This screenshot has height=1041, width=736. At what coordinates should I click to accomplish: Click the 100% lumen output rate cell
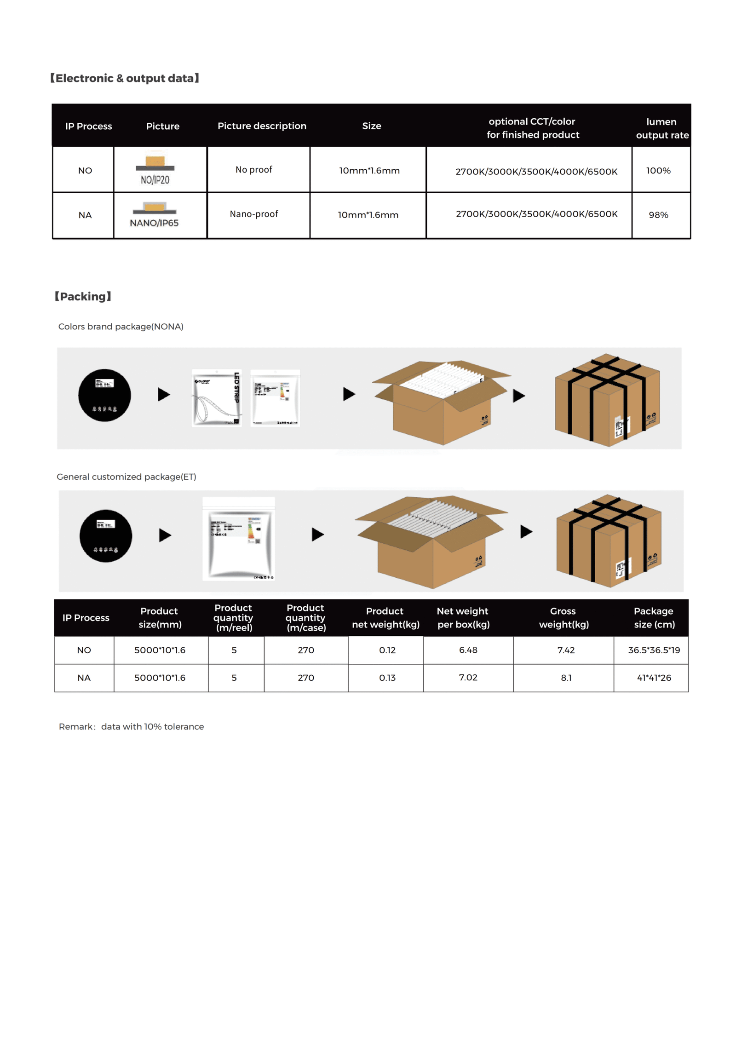click(658, 171)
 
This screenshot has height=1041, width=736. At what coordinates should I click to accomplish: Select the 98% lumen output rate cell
click(658, 215)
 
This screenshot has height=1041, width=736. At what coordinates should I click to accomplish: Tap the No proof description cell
click(253, 170)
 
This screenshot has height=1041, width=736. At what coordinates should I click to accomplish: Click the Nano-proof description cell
click(253, 214)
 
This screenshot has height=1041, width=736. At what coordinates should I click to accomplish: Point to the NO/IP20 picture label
click(155, 180)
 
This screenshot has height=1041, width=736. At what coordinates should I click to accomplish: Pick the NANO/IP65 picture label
click(154, 223)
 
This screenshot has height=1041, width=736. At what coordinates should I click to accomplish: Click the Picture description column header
click(262, 126)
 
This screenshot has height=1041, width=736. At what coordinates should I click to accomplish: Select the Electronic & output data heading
click(125, 78)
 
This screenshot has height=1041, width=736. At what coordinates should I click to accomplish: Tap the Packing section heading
click(83, 296)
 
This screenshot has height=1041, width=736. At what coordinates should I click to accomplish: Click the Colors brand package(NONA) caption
click(121, 327)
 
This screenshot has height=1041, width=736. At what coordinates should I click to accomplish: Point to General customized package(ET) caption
click(126, 477)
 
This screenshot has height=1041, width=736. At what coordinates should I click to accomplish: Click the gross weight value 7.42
click(565, 650)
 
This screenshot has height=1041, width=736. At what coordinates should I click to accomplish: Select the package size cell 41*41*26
click(653, 678)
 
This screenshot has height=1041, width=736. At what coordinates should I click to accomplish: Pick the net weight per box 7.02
click(468, 677)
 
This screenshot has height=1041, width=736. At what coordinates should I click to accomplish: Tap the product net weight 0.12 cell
click(387, 650)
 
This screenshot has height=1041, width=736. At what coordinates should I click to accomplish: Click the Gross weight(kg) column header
click(563, 617)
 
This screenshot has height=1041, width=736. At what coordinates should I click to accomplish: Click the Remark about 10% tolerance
click(131, 726)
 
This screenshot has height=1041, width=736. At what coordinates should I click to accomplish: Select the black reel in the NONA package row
click(104, 395)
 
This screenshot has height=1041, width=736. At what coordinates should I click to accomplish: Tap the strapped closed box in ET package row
click(608, 541)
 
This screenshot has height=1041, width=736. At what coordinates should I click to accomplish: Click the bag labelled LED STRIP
click(217, 397)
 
